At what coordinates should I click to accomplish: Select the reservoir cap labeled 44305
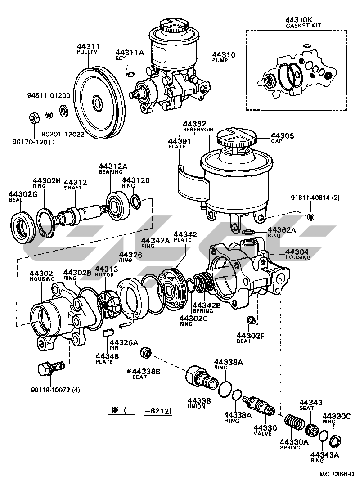[236, 136]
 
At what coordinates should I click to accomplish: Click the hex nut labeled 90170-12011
[32, 118]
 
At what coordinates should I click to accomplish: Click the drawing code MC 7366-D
[337, 474]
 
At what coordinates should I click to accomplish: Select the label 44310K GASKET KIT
[299, 23]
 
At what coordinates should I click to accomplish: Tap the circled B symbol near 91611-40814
[310, 217]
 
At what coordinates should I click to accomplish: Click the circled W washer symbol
[49, 114]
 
